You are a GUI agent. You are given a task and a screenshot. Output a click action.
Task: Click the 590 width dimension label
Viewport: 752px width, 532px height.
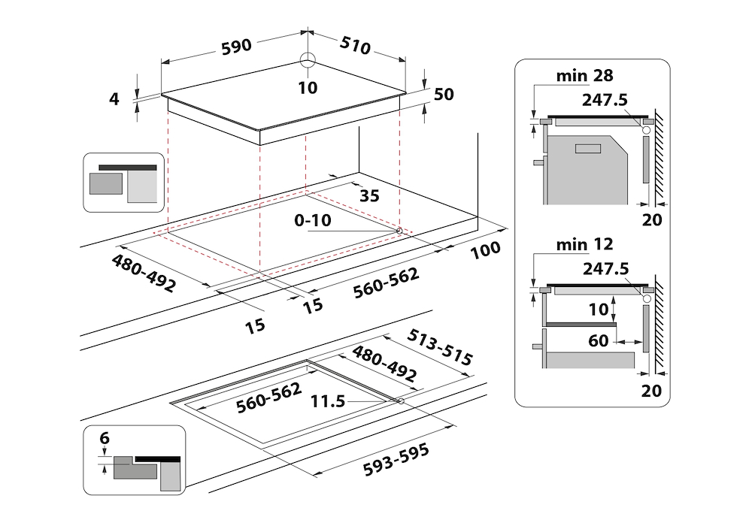tap(236, 47)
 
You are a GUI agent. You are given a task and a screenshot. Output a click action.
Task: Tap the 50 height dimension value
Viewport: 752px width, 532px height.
tap(444, 94)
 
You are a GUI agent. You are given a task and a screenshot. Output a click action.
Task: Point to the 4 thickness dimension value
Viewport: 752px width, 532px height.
tap(115, 98)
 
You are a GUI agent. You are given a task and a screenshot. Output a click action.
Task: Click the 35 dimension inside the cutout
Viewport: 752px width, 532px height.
tap(369, 196)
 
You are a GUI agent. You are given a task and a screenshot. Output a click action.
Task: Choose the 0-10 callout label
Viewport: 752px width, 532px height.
tap(313, 222)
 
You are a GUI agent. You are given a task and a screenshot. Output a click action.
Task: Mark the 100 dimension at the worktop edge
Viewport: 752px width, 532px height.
tap(486, 249)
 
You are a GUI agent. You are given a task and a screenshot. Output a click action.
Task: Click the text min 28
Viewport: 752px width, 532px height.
tap(585, 76)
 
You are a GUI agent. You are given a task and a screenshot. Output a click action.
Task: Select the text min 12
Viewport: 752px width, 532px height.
tap(585, 244)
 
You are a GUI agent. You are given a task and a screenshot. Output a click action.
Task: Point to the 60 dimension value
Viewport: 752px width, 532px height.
tap(598, 341)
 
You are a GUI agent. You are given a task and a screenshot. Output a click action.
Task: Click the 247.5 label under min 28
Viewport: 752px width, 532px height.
tap(604, 100)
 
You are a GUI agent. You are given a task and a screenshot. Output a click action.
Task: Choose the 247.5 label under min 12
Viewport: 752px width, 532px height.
tap(604, 269)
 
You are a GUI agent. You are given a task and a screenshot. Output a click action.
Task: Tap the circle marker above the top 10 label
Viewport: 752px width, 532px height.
tap(308, 61)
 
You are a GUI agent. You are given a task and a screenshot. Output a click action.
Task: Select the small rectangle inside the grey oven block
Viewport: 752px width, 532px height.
tap(588, 149)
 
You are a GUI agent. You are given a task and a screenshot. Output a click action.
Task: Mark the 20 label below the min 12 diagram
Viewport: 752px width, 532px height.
tap(652, 390)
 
